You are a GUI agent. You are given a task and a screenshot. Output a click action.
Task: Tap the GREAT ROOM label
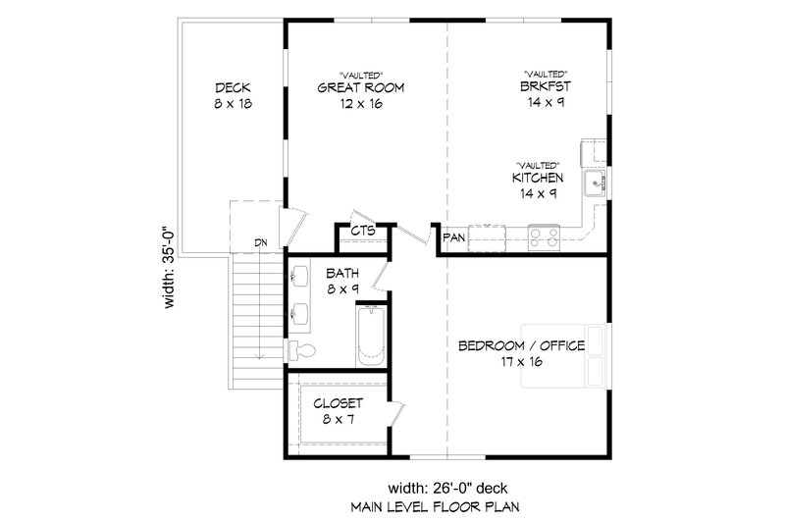click(x=360, y=87)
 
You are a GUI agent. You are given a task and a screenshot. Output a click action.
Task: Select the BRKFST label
click(x=546, y=87)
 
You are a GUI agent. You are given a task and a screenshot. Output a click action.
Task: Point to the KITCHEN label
click(x=537, y=178)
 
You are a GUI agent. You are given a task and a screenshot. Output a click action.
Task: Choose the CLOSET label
click(x=339, y=403)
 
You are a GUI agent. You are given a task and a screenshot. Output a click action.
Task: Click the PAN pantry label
click(x=453, y=237)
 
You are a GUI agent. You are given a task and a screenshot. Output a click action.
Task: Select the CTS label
click(x=363, y=232)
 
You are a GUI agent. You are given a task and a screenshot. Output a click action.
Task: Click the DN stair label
click(x=260, y=242)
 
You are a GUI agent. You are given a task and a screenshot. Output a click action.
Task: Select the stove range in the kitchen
click(x=543, y=235)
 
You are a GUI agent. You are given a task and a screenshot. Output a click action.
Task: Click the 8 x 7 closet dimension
click(x=339, y=419)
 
